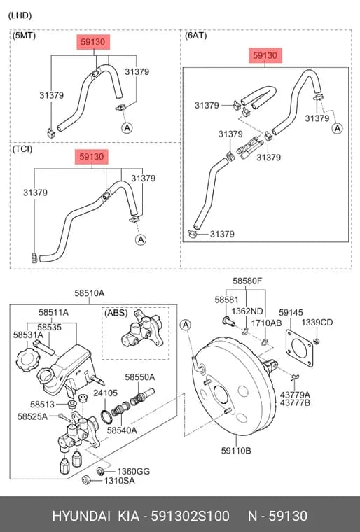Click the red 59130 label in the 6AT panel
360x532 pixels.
coord(265,55)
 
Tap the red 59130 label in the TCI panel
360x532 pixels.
coord(91,157)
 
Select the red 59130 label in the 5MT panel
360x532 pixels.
coord(92,42)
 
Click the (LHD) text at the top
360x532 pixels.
coord(20,15)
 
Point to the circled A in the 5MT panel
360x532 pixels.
coord(127,128)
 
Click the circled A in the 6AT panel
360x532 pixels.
coord(338,128)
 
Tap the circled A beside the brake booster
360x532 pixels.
coord(186,325)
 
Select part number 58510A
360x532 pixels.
coord(90,293)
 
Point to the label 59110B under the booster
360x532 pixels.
coord(236,451)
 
